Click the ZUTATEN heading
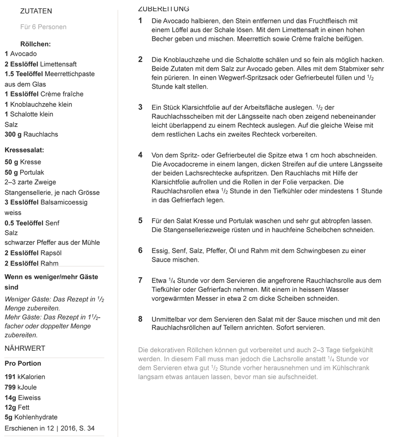click(36, 11)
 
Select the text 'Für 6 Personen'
click(43, 27)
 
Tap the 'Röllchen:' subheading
click(36, 44)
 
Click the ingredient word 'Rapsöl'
click(47, 253)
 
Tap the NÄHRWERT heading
click(25, 348)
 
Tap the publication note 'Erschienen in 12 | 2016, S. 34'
click(49, 428)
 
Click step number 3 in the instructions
click(140, 107)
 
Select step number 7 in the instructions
click(140, 280)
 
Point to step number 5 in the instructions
click(140, 220)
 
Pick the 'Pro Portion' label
click(23, 363)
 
